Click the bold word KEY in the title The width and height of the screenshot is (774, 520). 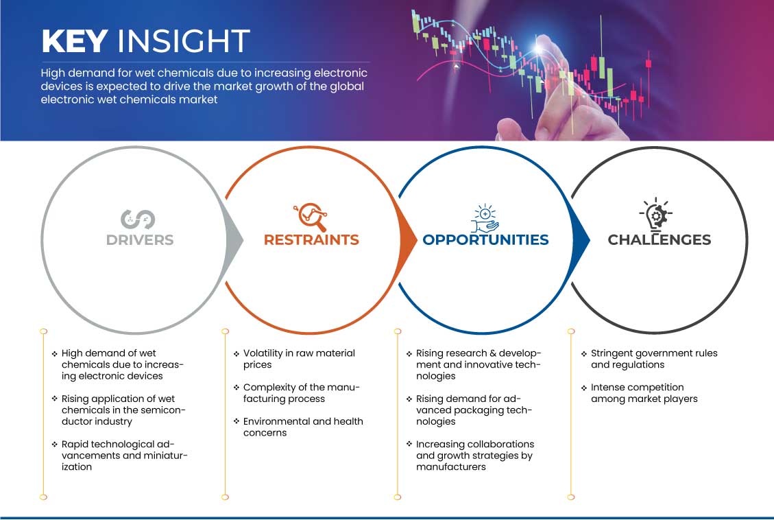pos(75,40)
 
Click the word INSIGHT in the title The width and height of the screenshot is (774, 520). pos(184,40)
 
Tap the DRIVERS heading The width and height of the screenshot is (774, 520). pos(140,240)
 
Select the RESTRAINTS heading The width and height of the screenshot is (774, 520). pos(311,240)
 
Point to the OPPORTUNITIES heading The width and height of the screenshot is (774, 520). pos(486,240)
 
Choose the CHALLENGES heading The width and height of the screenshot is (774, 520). pos(659,240)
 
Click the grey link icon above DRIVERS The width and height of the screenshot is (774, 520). pos(138,220)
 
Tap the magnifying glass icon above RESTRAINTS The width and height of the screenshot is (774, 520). pos(311,217)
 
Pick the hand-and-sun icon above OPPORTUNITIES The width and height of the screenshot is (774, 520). pos(485,218)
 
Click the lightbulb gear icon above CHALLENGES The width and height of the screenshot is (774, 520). pos(656,214)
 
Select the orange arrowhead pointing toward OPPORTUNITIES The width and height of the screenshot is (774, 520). pos(408,240)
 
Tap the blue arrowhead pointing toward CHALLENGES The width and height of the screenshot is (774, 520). pos(581,240)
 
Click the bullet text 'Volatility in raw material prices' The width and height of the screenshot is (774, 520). pos(299,359)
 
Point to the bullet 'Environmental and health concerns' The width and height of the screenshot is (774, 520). pos(303,427)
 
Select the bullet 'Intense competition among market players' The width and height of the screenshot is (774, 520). pos(644,393)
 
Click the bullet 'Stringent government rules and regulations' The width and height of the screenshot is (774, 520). pos(654,359)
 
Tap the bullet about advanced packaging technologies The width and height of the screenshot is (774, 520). pos(474,410)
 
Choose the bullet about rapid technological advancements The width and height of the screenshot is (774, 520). pos(124,456)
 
